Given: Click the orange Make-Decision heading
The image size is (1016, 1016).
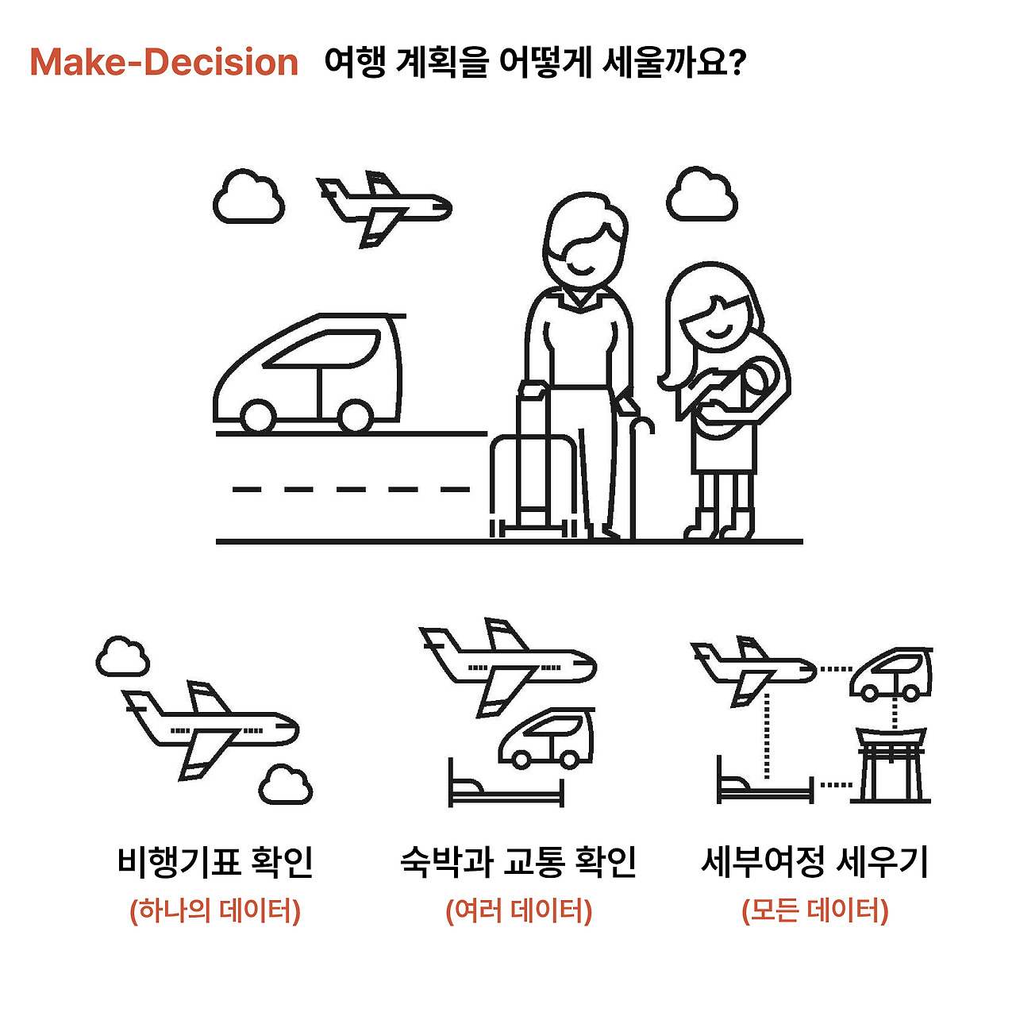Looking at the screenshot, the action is point(164,62).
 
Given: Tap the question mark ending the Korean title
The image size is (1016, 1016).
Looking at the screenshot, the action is point(737,61).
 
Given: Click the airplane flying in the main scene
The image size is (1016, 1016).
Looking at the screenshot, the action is point(384,208).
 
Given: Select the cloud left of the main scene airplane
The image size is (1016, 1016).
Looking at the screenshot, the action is point(248,197).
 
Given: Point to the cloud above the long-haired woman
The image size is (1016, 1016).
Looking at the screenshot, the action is point(702,194).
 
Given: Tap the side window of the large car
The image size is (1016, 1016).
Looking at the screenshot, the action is point(321,348).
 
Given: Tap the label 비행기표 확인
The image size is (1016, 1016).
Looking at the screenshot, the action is point(215,863).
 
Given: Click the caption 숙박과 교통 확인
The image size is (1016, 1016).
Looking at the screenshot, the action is point(518,863).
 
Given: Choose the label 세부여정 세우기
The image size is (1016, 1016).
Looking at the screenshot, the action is point(814,863).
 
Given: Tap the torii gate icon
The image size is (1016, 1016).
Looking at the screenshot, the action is point(891,765).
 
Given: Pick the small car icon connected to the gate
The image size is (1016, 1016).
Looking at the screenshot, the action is point(891,674).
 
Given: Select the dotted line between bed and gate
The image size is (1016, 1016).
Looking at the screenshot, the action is point(836,785).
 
